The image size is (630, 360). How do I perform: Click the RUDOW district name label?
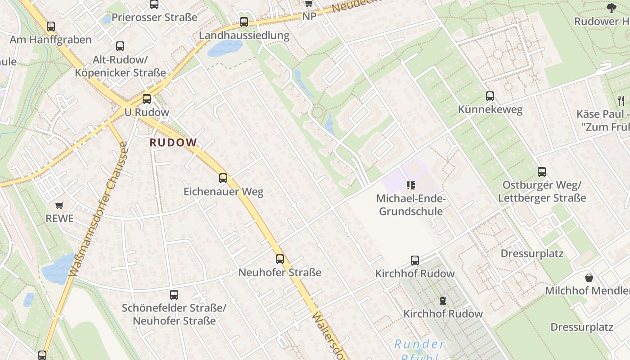173,143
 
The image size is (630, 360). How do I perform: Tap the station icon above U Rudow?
147,99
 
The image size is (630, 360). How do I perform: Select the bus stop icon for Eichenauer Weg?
223,178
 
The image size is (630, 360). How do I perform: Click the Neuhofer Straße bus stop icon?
280,259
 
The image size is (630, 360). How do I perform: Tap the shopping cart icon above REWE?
59,206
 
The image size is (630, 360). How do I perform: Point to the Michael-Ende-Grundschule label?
410,205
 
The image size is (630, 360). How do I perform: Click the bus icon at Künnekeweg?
490,96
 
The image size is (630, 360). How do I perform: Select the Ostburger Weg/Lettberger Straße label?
542,192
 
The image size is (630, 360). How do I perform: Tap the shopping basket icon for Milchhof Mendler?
589,278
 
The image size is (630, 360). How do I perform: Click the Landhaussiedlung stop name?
244,36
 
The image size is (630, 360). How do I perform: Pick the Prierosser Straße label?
154,18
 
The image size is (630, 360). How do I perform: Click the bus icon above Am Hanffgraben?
51,27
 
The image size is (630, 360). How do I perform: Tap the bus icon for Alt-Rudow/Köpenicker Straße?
120,46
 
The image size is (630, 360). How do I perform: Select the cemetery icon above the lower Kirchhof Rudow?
443,300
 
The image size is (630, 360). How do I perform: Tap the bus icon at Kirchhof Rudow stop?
415,261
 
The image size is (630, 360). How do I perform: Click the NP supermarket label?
309,17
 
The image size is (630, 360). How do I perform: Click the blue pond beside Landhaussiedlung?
225,48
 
